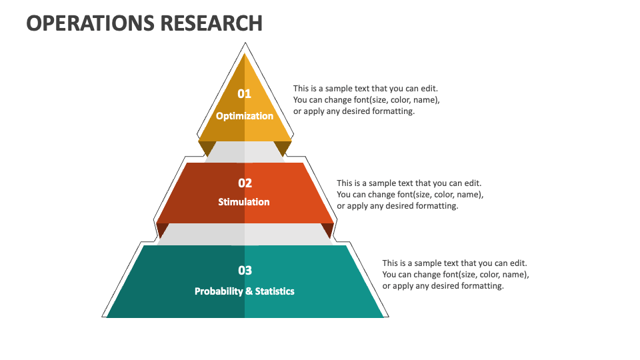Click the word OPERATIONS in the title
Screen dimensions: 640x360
point(91,23)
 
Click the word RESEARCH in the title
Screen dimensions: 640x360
point(211,23)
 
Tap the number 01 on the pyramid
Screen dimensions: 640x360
point(245,94)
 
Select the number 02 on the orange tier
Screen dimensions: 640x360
point(245,183)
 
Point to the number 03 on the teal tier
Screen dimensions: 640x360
point(245,270)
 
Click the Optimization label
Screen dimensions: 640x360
point(245,116)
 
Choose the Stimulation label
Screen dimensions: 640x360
point(244,201)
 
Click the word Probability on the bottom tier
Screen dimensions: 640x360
point(219,291)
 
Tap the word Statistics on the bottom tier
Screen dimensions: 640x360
point(275,291)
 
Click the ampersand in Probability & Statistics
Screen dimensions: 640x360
point(249,291)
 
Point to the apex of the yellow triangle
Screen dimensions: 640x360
point(245,54)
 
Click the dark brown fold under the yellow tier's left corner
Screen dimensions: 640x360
point(207,148)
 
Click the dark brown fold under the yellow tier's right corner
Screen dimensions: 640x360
point(283,148)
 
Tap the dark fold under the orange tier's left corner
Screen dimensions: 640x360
point(162,229)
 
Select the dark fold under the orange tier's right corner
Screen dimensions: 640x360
point(328,229)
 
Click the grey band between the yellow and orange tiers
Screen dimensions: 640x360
point(245,152)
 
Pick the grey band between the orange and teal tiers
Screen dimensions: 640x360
point(245,234)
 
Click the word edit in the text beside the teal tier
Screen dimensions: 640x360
point(517,263)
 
